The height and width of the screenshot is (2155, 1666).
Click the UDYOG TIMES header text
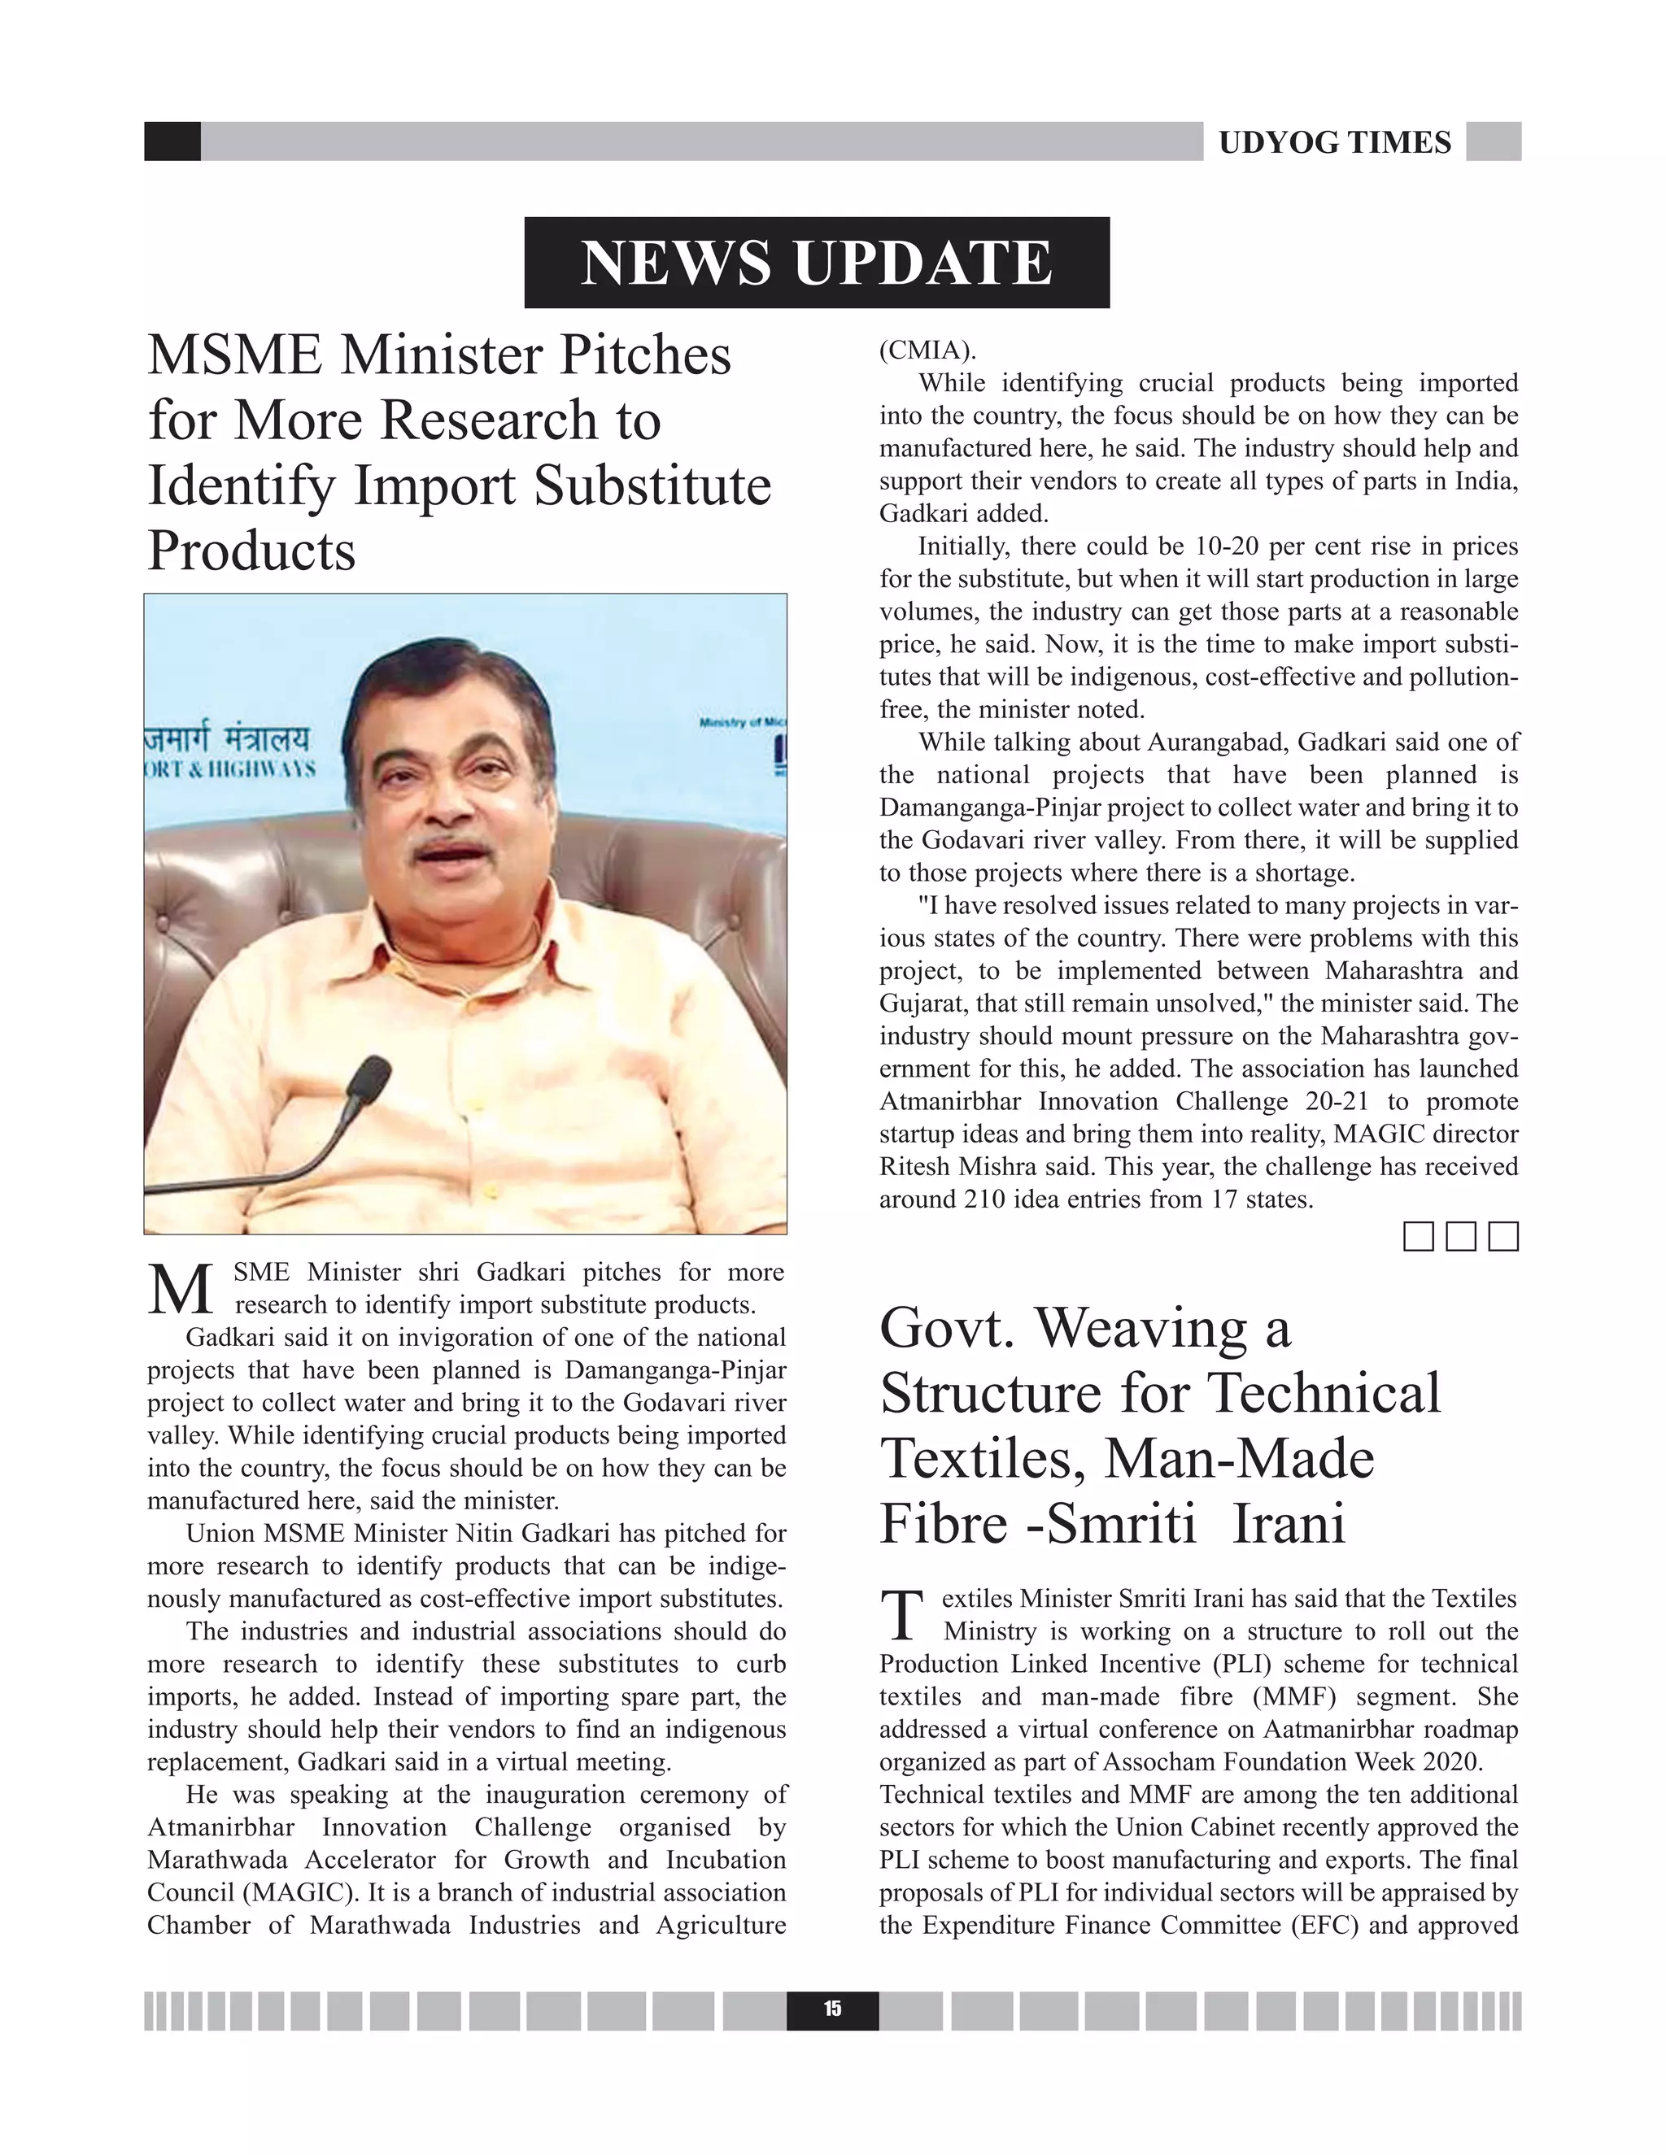pyautogui.click(x=1334, y=142)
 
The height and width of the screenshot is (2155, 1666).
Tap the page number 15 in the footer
pyautogui.click(x=832, y=2009)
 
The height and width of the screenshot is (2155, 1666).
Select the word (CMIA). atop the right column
pyautogui.click(x=927, y=350)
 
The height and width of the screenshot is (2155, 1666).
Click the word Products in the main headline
pyautogui.click(x=251, y=550)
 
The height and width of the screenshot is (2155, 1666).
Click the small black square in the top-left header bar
pyautogui.click(x=172, y=141)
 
